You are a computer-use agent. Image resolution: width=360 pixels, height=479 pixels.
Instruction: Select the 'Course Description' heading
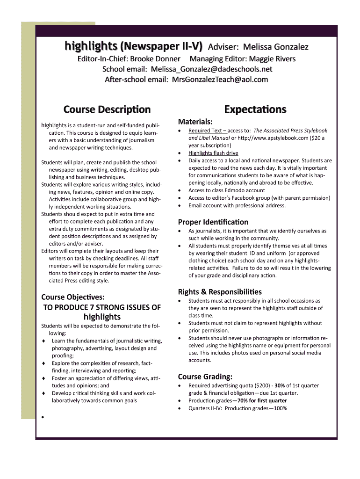coord(107,109)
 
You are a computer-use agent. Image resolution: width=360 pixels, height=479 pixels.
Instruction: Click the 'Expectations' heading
coord(255,109)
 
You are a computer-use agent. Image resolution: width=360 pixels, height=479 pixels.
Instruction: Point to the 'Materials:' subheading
coord(195,122)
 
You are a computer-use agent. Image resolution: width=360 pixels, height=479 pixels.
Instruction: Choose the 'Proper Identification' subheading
coord(213,222)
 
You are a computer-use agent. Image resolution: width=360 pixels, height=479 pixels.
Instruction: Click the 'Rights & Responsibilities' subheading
coord(220,291)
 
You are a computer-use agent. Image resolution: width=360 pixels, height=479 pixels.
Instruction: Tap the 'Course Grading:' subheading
coord(205,377)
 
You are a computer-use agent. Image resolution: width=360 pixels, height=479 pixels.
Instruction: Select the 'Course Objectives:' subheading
coord(73,297)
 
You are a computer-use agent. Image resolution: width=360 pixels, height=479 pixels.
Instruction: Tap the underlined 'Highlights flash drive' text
coord(213,153)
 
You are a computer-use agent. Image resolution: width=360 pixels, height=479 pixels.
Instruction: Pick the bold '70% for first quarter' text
coord(262,401)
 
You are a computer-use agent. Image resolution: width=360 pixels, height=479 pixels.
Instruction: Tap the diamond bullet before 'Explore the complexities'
coord(43,363)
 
